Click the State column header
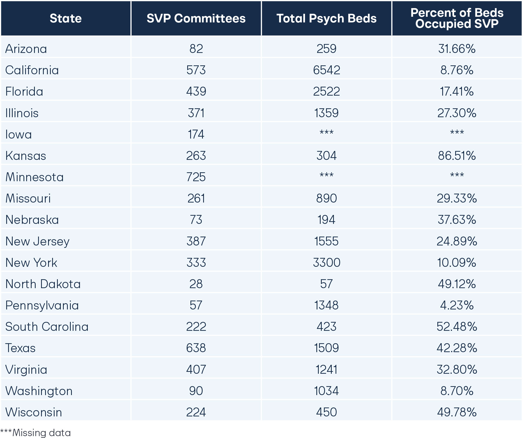point(66,18)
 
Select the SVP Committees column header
point(196,18)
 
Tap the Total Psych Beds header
point(326,18)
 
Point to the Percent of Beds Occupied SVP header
point(457,18)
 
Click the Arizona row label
point(26,49)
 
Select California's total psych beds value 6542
point(326,70)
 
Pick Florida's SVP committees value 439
point(196,92)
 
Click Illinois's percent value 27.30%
point(457,113)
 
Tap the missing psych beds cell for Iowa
point(326,133)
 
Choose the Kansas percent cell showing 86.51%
point(457,156)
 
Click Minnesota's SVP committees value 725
point(196,177)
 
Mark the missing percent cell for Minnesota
point(457,176)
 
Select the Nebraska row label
point(32,220)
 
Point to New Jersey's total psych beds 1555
point(326,241)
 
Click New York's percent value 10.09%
point(457,262)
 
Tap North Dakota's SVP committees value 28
point(196,284)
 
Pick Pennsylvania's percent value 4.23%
point(457,305)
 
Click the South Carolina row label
point(47,327)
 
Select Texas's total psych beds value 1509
point(326,348)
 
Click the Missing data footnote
point(36,433)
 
